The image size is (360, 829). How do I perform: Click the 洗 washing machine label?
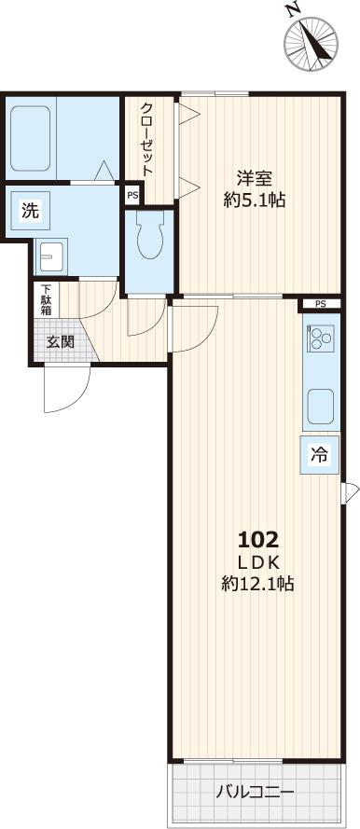pyautogui.click(x=30, y=211)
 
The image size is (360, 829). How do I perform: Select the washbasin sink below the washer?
pyautogui.click(x=49, y=254)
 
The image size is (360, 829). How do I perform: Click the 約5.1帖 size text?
pyautogui.click(x=254, y=199)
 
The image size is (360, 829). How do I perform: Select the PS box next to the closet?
pyautogui.click(x=132, y=196)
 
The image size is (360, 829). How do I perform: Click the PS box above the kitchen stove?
pyautogui.click(x=320, y=304)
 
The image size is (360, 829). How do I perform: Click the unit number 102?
pyautogui.click(x=258, y=539)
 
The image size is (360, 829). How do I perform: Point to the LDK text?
pyautogui.click(x=258, y=562)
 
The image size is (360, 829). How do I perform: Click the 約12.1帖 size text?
pyautogui.click(x=258, y=585)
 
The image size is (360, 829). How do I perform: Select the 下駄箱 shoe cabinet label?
pyautogui.click(x=44, y=299)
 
